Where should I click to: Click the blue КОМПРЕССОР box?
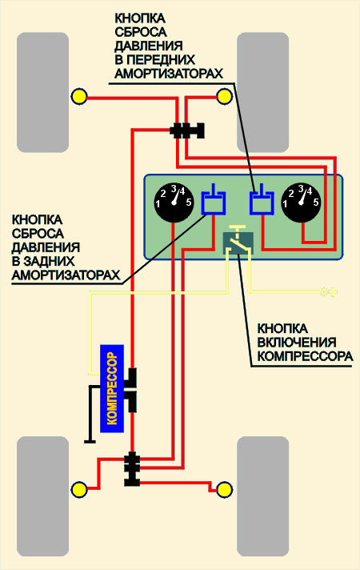pyautogui.click(x=112, y=388)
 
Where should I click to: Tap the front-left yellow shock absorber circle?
pyautogui.click(x=79, y=97)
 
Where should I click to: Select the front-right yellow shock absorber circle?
pyautogui.click(x=224, y=97)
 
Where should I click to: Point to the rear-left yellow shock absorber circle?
pyautogui.click(x=79, y=489)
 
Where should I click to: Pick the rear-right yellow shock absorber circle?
pyautogui.click(x=224, y=489)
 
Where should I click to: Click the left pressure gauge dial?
pyautogui.click(x=174, y=202)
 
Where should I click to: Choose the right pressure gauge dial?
pyautogui.click(x=301, y=202)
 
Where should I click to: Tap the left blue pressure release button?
pyautogui.click(x=214, y=199)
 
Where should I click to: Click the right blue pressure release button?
pyautogui.click(x=262, y=199)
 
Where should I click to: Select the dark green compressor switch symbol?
pyautogui.click(x=238, y=239)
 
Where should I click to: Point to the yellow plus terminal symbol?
pyautogui.click(x=329, y=291)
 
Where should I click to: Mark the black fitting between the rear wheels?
pyautogui.click(x=131, y=469)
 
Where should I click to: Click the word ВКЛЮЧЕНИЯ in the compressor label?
pyautogui.click(x=297, y=343)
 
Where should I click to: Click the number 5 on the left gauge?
pyautogui.click(x=189, y=203)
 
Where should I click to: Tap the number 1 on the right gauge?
pyautogui.click(x=285, y=204)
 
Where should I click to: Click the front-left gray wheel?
pyautogui.click(x=43, y=92)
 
